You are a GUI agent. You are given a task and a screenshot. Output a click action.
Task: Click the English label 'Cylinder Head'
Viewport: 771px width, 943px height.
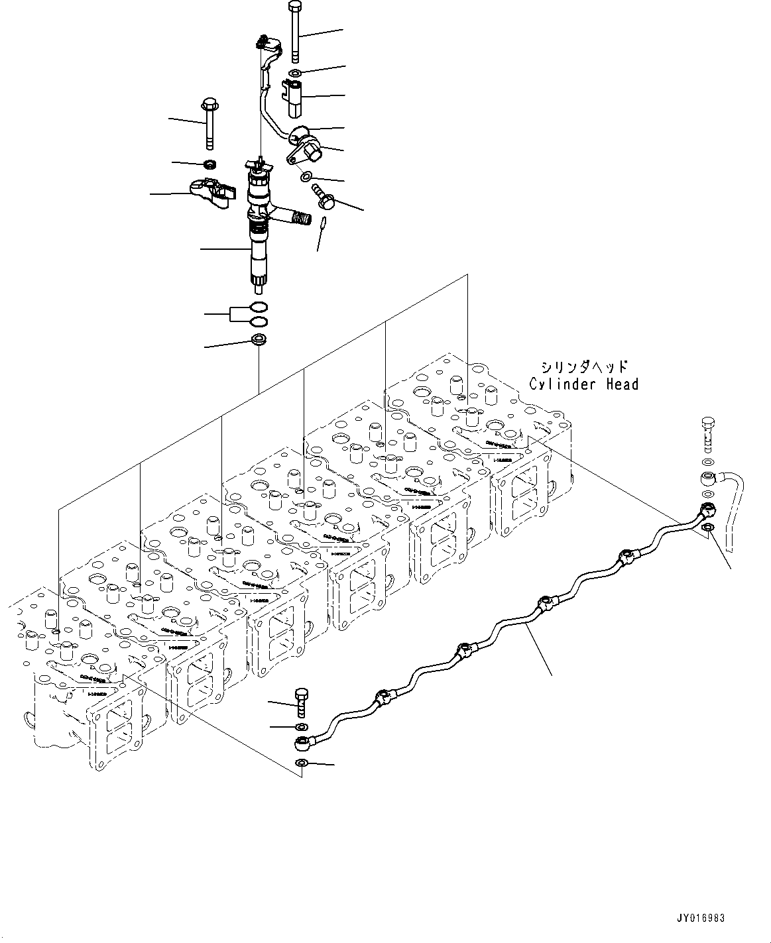click(583, 384)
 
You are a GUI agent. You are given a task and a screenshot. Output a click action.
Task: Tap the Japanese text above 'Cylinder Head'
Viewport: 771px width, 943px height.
click(583, 366)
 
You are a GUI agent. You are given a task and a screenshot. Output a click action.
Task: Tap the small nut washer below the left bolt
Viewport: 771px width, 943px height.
click(210, 163)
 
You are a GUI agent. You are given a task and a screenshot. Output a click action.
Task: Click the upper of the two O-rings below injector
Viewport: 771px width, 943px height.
click(259, 307)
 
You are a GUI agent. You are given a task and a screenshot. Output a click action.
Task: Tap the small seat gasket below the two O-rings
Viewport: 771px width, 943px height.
click(259, 341)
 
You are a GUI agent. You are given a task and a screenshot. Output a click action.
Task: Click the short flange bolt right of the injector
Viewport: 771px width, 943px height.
click(324, 195)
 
